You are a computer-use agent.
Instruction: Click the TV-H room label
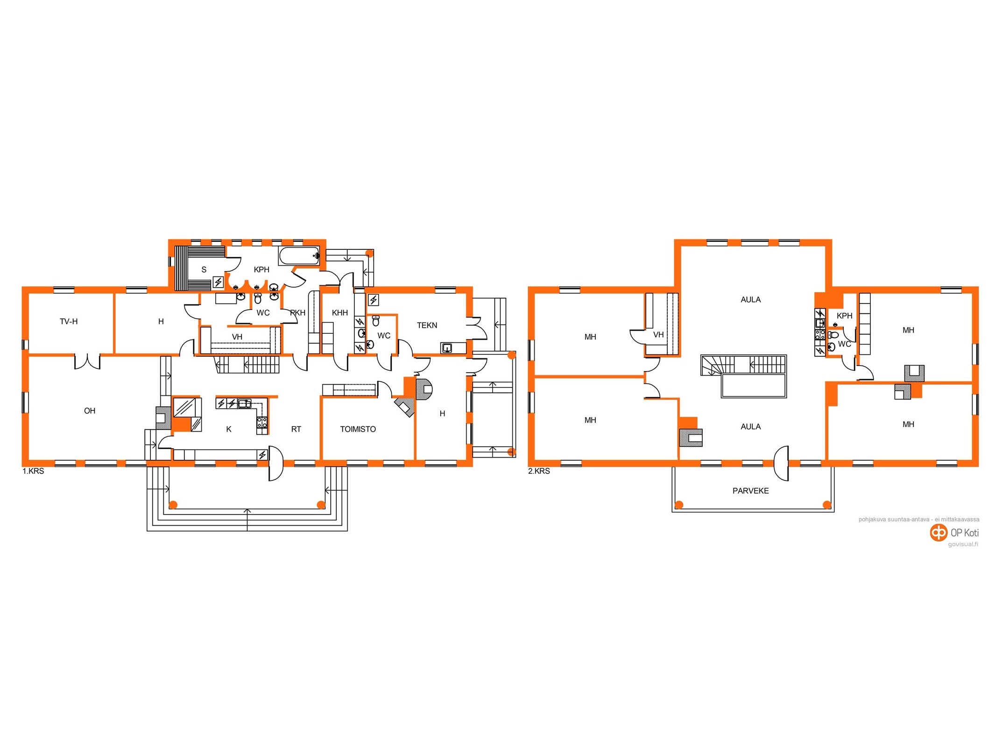pos(69,322)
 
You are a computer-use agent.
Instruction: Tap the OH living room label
pos(90,411)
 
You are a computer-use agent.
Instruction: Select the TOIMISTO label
pos(358,430)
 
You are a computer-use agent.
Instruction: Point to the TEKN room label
pos(427,325)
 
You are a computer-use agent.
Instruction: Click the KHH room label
pos(340,313)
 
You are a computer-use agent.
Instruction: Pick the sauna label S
pos(204,270)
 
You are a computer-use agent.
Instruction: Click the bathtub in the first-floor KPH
pos(299,256)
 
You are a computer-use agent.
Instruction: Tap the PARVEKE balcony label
pos(751,491)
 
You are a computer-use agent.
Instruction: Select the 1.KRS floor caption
pos(33,472)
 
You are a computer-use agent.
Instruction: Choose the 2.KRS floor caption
pos(539,472)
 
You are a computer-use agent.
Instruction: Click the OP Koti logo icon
pos(938,533)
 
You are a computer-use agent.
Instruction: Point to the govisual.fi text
pos(963,544)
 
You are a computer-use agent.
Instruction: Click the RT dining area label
pos(296,430)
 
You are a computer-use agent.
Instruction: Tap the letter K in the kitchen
pos(229,430)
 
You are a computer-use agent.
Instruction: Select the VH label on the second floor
pos(658,335)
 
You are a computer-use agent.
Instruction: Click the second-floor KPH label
pos(845,316)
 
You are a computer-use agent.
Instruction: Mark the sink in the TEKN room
pos(447,348)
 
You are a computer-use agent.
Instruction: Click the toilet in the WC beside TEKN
pos(376,321)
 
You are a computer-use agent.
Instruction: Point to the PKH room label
pos(298,313)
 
